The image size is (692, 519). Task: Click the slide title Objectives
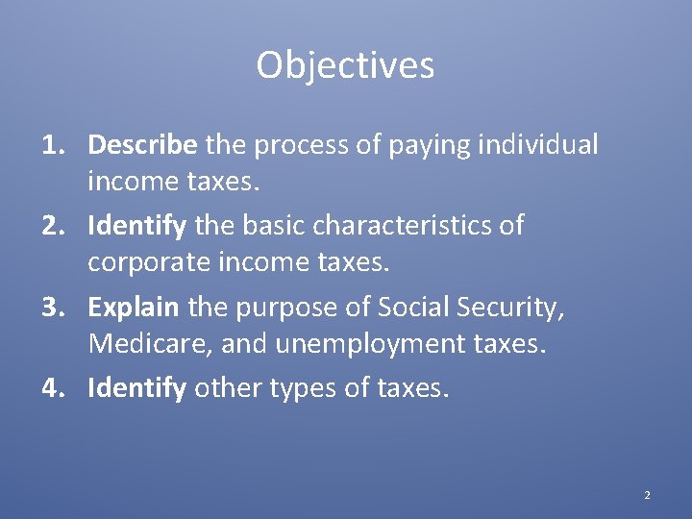pyautogui.click(x=345, y=65)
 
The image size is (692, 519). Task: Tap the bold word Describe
pyautogui.click(x=142, y=145)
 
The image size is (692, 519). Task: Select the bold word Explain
pyautogui.click(x=133, y=308)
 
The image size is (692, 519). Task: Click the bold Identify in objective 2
pyautogui.click(x=137, y=226)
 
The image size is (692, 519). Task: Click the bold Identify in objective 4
pyautogui.click(x=137, y=388)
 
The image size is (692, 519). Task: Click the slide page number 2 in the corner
pyautogui.click(x=647, y=495)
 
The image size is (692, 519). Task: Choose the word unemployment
pyautogui.click(x=371, y=344)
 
